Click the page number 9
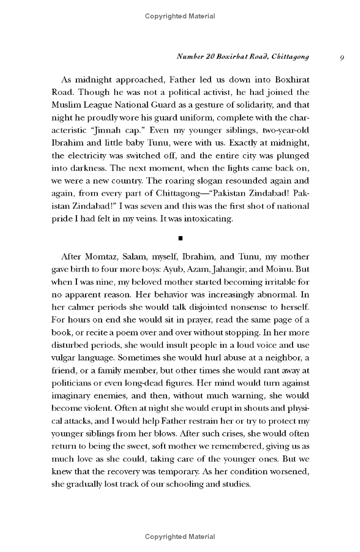(342, 57)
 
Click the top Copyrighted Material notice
(180, 16)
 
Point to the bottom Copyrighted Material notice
(180, 536)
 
